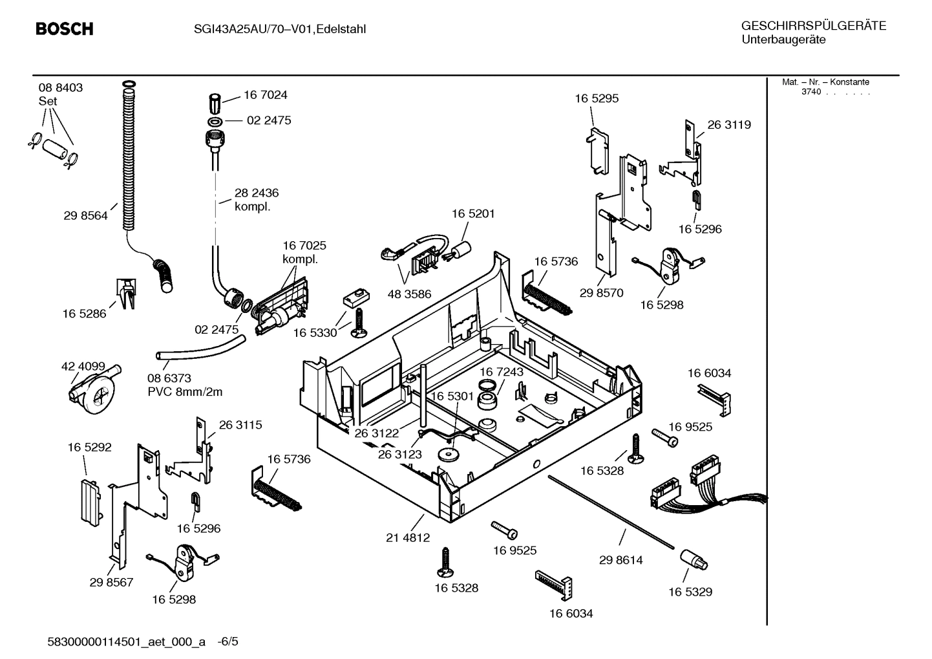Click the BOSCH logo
(65, 29)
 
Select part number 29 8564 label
(85, 217)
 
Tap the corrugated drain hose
(129, 155)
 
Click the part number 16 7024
(265, 95)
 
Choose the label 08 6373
(169, 378)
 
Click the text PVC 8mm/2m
(185, 391)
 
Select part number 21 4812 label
(408, 537)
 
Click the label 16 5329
(690, 592)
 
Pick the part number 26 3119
(729, 125)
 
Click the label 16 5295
(597, 98)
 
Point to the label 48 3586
(409, 294)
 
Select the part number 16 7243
(501, 373)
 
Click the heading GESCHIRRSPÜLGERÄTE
(813, 26)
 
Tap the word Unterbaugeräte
(783, 39)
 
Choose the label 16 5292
(89, 447)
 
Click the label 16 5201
(473, 213)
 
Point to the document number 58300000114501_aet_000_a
(127, 642)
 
